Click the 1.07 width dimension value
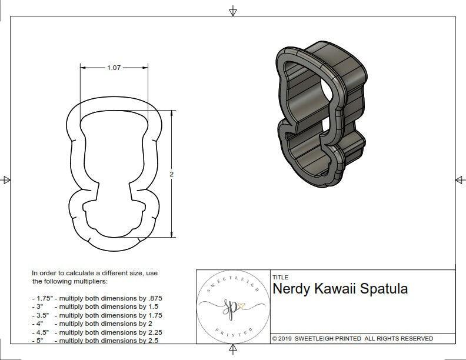click(113, 68)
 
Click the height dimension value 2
click(171, 175)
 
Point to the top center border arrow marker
click(233, 11)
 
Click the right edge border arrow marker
click(460, 180)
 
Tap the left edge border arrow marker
click(6, 180)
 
